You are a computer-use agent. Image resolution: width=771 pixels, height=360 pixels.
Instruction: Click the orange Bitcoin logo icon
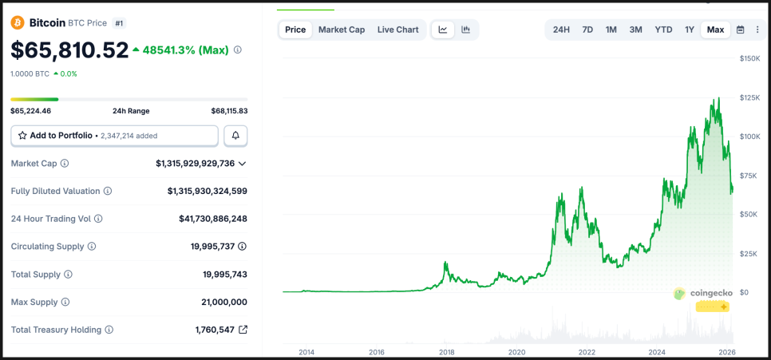[x=18, y=23]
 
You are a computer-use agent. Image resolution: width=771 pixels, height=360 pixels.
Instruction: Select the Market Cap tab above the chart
[x=342, y=30]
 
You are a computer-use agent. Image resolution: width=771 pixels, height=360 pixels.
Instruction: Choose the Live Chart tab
[x=397, y=30]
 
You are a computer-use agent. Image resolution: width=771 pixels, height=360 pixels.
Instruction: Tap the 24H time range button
[x=561, y=30]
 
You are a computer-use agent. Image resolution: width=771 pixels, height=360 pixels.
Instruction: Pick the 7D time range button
[x=587, y=30]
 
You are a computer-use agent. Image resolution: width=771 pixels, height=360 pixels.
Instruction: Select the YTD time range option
[x=663, y=30]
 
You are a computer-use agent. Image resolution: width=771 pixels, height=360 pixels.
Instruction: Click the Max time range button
[x=715, y=30]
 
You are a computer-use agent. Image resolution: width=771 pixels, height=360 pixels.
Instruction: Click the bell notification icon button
[x=235, y=136]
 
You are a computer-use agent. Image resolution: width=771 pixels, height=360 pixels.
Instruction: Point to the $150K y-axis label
[x=749, y=58]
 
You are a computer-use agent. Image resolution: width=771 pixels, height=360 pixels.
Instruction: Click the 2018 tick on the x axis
[x=447, y=351]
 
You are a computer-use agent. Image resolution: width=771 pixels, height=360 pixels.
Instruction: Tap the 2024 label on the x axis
[x=657, y=351]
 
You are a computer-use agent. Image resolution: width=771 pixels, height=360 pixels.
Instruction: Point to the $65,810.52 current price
[x=69, y=50]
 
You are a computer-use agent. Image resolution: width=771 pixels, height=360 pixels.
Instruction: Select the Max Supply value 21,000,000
[x=224, y=302]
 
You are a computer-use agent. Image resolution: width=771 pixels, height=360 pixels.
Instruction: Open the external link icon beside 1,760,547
[x=243, y=330]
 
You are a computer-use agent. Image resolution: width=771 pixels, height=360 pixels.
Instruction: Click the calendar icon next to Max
[x=740, y=30]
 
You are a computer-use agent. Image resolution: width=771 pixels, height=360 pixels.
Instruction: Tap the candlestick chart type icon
[x=465, y=30]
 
